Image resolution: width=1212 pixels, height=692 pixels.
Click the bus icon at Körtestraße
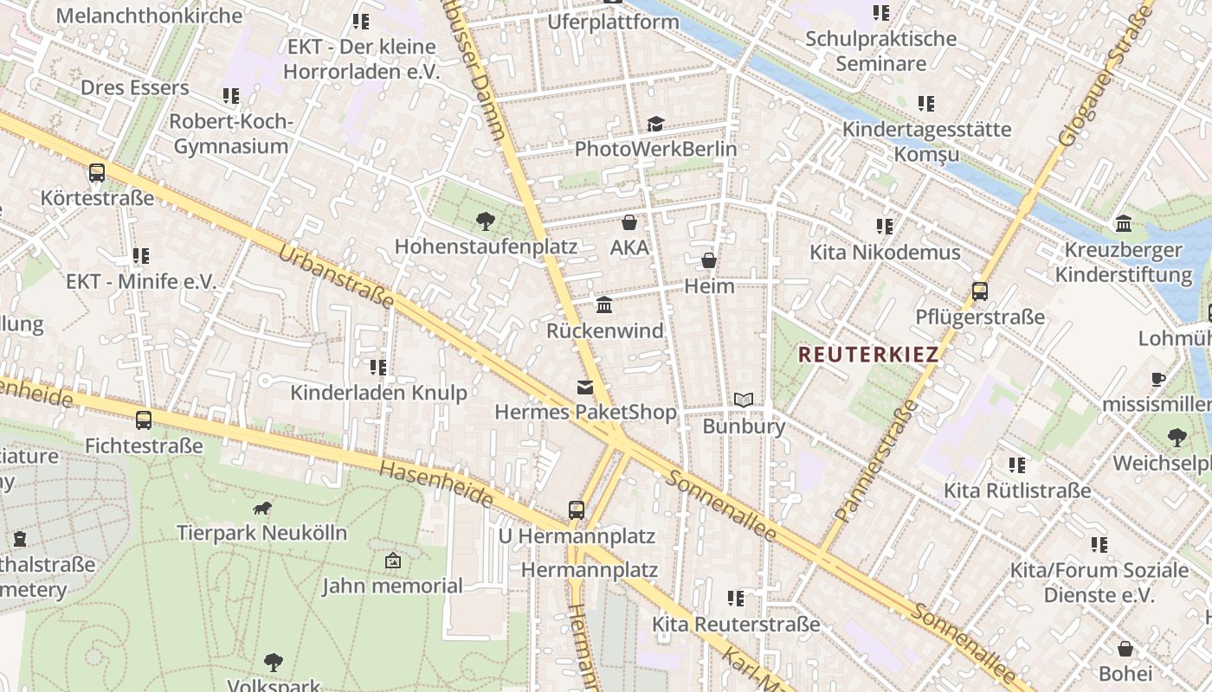pyautogui.click(x=97, y=173)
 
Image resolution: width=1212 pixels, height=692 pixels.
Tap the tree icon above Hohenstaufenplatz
pyautogui.click(x=486, y=221)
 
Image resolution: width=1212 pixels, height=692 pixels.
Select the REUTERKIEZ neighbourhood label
pyautogui.click(x=868, y=354)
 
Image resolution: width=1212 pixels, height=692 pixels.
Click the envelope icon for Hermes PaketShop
pyautogui.click(x=585, y=388)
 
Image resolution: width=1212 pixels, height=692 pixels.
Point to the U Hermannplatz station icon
pyautogui.click(x=577, y=510)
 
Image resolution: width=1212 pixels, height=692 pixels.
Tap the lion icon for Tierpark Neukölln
pyautogui.click(x=261, y=508)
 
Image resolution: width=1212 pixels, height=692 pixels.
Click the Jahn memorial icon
pyautogui.click(x=393, y=561)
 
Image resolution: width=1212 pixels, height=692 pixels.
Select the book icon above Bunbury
pyautogui.click(x=744, y=400)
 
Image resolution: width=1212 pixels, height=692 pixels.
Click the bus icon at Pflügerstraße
pyautogui.click(x=980, y=292)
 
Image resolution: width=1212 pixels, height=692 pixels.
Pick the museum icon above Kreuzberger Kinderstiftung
pyautogui.click(x=1124, y=224)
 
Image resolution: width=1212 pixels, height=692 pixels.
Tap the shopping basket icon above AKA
pyautogui.click(x=629, y=222)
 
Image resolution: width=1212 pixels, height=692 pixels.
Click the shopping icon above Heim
pyautogui.click(x=709, y=260)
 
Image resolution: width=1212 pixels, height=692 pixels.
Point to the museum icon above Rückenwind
pyautogui.click(x=604, y=305)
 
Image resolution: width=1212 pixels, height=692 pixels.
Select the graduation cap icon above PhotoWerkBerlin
pyautogui.click(x=655, y=124)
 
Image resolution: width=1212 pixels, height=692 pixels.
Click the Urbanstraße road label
pyautogui.click(x=336, y=278)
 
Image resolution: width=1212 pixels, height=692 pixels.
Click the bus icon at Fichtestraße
pyautogui.click(x=144, y=421)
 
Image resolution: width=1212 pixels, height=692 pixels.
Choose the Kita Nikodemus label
pyautogui.click(x=885, y=253)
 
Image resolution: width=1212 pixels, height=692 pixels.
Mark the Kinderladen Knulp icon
pyautogui.click(x=378, y=368)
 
